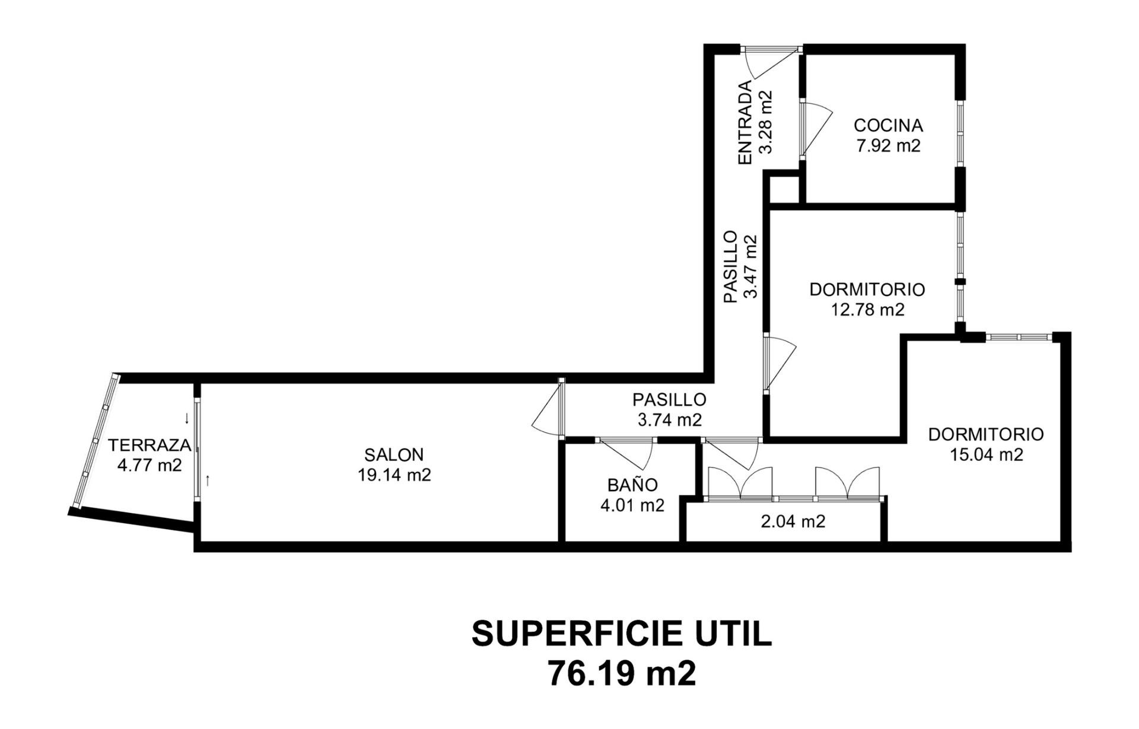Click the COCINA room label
coord(888,126)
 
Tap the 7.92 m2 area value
coord(888,146)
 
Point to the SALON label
coord(394,455)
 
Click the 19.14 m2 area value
coord(394,475)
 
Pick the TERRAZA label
coord(149,445)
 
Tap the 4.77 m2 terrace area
coord(149,465)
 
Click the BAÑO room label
coord(632,485)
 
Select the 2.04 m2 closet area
coord(793,521)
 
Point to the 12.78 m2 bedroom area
coord(867,310)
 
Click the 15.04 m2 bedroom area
coord(986,454)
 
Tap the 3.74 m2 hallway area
coord(670,420)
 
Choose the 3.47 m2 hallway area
coord(751,267)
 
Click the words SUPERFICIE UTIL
coord(622,634)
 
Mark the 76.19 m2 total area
coord(622,673)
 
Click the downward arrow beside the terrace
coord(187,418)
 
